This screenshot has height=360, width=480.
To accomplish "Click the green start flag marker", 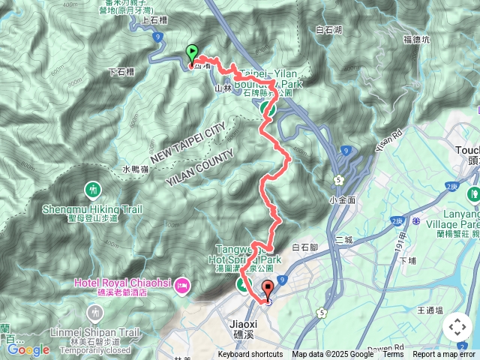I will pos(191,53).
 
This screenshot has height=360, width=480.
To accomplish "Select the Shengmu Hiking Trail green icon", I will pos(92,189).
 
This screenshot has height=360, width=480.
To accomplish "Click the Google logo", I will pos(28,349).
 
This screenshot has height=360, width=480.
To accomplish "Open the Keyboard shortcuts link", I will pos(250,355).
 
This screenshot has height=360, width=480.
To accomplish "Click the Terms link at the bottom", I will pos(393,355).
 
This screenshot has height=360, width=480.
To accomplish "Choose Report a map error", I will pos(445,355).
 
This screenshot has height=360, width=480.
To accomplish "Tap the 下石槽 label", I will pos(121,72).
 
